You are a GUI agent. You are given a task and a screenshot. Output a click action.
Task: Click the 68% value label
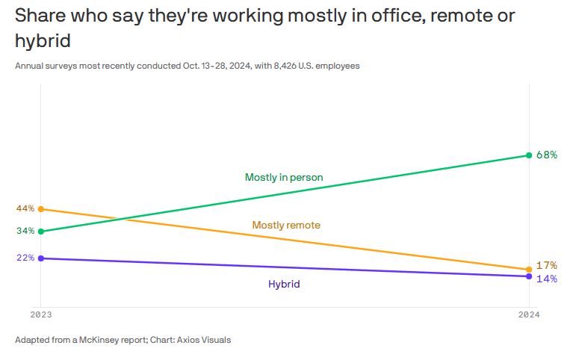[547, 155]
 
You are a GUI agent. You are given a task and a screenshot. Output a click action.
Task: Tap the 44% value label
[25, 208]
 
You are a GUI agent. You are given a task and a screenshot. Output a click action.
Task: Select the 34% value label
[25, 231]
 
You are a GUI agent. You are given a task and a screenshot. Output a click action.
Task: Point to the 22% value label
[25, 258]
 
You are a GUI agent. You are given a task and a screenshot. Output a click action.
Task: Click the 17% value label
[547, 265]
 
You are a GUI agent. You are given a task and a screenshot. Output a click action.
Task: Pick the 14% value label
[547, 279]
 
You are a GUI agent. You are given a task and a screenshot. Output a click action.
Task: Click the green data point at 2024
[529, 155]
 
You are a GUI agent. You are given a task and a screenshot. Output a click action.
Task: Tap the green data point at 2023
[40, 232]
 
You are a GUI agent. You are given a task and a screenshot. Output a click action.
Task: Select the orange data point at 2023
[40, 209]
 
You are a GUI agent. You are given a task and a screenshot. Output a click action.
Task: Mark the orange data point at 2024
[529, 269]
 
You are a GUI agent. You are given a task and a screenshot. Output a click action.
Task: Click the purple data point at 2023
[40, 258]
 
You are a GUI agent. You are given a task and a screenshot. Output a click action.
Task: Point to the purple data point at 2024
[529, 276]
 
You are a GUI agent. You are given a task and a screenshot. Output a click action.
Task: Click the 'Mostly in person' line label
[283, 178]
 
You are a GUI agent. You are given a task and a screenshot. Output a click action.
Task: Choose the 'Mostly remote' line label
[286, 225]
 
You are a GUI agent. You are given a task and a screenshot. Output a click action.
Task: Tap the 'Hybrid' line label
[284, 284]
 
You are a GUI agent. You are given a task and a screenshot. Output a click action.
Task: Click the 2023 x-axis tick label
[40, 314]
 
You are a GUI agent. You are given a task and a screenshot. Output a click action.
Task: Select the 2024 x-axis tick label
[528, 314]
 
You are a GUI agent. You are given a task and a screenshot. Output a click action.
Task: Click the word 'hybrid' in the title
[43, 40]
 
